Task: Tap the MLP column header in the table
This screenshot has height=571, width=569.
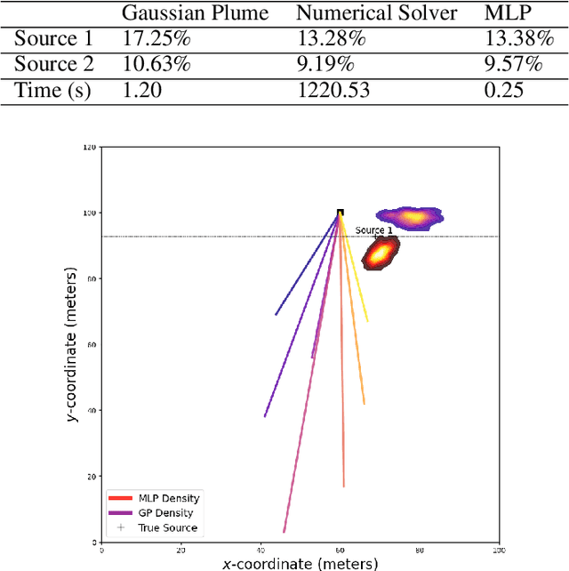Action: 505,14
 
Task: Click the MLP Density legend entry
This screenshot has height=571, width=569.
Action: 168,498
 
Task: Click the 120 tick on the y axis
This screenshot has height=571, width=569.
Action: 88,147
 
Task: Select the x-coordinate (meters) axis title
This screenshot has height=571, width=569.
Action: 301,563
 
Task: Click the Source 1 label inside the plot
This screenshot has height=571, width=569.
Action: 373,230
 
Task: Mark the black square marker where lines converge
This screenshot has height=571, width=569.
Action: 340,213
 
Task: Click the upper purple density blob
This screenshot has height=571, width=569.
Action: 410,216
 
